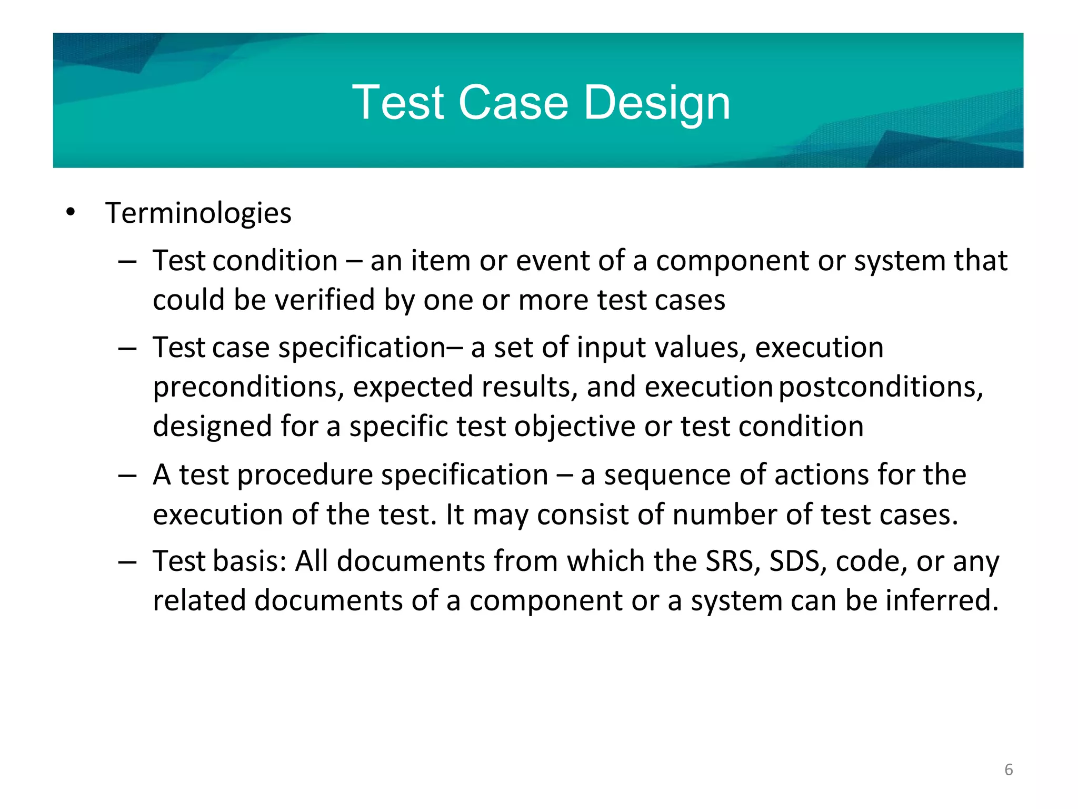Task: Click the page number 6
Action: pos(1009,769)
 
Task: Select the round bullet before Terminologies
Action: pos(71,213)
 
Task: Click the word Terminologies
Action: pos(198,213)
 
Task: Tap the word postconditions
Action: pos(880,387)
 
